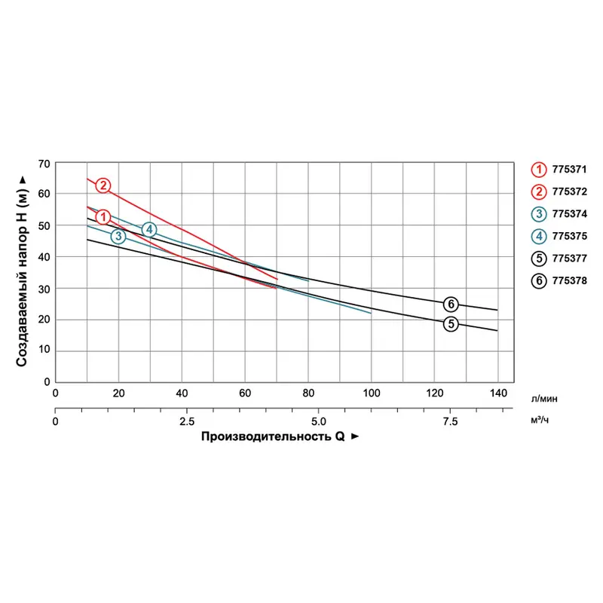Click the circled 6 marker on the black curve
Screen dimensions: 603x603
(451, 305)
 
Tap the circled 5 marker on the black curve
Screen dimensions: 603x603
(451, 324)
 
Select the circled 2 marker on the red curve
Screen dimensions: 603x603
(103, 185)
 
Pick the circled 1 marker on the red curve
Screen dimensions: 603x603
(103, 217)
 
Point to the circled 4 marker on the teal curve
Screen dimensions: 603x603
(149, 229)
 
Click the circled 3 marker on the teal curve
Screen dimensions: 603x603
(118, 237)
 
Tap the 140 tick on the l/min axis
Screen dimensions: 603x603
(497, 393)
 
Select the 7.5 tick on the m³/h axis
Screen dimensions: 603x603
(449, 421)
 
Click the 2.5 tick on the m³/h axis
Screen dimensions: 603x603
(187, 421)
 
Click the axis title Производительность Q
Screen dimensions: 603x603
(272, 437)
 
